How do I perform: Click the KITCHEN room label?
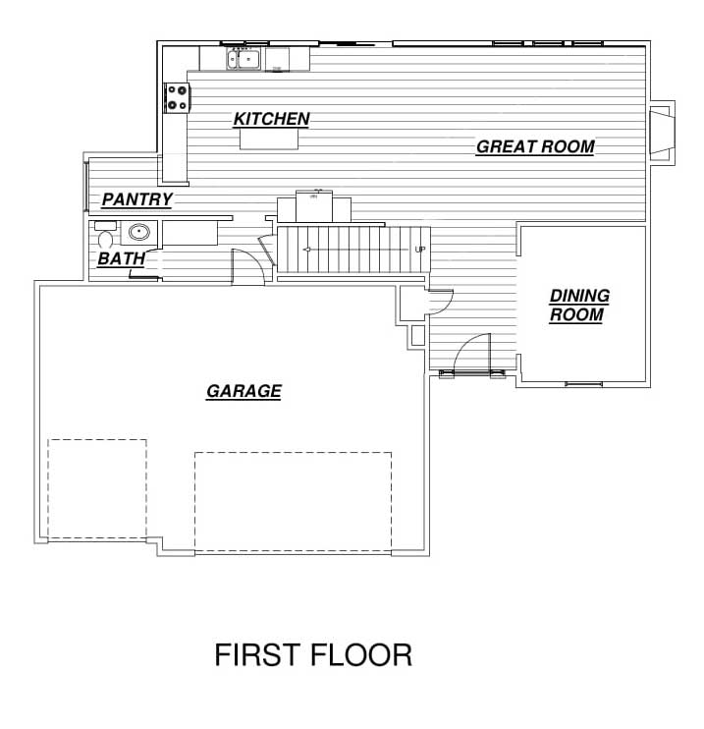271,119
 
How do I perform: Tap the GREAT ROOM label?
535,147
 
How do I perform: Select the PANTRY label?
137,199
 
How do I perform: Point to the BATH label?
122,259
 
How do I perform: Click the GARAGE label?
244,391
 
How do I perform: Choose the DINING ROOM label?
579,305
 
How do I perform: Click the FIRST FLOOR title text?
313,655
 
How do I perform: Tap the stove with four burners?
177,97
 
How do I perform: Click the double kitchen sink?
244,59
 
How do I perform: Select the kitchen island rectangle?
269,139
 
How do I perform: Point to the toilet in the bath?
105,235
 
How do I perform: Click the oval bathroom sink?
139,232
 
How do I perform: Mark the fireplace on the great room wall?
662,133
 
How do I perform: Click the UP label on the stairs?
419,250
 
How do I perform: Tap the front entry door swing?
471,352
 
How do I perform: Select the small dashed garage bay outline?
97,489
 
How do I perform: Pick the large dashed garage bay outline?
294,502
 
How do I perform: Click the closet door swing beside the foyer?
438,303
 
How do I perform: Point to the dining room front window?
583,384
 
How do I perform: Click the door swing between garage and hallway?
248,266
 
